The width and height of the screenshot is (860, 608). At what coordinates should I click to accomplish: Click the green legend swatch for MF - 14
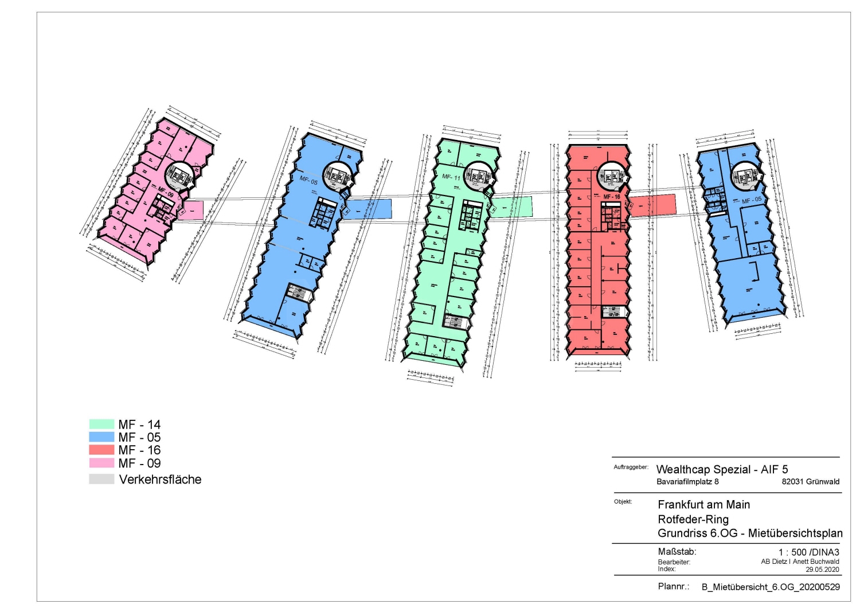tap(101, 424)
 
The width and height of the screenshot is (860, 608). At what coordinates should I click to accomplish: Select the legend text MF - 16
tap(139, 450)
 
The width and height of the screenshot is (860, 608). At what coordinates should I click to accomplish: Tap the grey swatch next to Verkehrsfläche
tap(101, 480)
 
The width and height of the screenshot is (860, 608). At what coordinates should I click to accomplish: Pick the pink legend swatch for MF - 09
tap(101, 463)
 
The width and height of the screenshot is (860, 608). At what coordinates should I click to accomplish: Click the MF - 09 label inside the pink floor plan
tap(166, 192)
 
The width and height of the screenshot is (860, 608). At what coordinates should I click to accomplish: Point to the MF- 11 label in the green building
tap(451, 177)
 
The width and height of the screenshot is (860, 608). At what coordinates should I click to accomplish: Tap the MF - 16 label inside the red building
tap(612, 197)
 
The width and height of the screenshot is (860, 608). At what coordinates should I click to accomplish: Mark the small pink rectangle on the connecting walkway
tap(191, 211)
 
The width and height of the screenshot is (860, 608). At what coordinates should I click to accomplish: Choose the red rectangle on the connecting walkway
tap(653, 205)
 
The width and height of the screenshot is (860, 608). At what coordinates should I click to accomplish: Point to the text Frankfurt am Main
tap(703, 505)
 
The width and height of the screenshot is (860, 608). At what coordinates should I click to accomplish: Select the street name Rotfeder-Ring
tap(693, 519)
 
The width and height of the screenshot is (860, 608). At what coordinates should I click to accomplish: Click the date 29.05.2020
tap(822, 570)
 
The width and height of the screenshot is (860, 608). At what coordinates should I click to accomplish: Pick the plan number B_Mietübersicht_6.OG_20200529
tap(771, 587)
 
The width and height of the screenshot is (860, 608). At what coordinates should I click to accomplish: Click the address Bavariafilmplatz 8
tap(687, 482)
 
